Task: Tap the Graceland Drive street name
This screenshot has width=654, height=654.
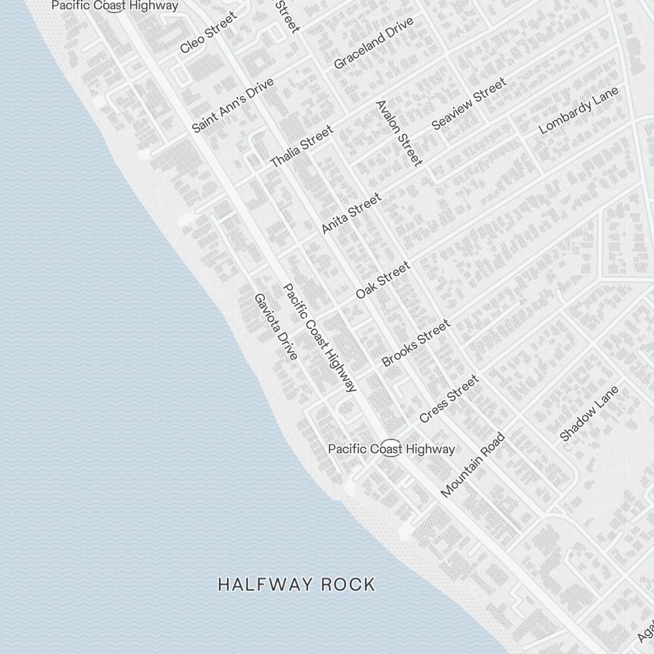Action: pos(373,43)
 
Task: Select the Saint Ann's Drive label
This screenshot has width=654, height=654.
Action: pos(233,105)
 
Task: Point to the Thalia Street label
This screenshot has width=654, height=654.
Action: pos(301,146)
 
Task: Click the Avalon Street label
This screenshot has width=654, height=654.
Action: pos(399,133)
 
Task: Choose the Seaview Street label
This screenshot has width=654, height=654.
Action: pos(469,103)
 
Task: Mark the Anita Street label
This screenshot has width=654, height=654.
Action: pos(351,213)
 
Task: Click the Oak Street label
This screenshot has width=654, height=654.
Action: pos(383,280)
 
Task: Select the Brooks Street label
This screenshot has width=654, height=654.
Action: pos(416,343)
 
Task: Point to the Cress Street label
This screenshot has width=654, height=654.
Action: pos(449,398)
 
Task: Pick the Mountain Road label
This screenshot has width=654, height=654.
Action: pos(473,465)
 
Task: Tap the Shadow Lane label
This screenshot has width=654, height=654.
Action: pos(589,413)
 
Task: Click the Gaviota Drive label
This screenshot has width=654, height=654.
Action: pos(276,326)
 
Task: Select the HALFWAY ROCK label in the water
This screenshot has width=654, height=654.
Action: pos(297,584)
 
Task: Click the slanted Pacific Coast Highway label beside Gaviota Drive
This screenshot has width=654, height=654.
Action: pos(320,337)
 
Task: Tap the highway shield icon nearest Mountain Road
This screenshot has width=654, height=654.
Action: pos(390,449)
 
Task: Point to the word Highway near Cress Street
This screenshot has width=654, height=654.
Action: pos(430,449)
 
